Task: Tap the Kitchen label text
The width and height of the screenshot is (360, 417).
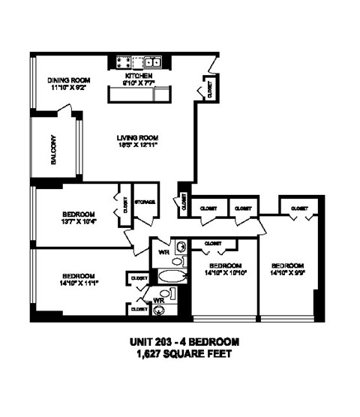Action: pos(138,76)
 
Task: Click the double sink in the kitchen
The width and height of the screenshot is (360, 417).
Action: pos(153,63)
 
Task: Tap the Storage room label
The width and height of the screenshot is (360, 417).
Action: pos(145,202)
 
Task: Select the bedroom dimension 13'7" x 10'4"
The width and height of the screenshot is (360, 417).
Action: pos(79,221)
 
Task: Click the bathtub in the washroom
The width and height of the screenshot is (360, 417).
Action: pos(169,277)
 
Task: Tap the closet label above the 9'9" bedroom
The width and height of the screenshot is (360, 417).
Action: pos(298,208)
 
